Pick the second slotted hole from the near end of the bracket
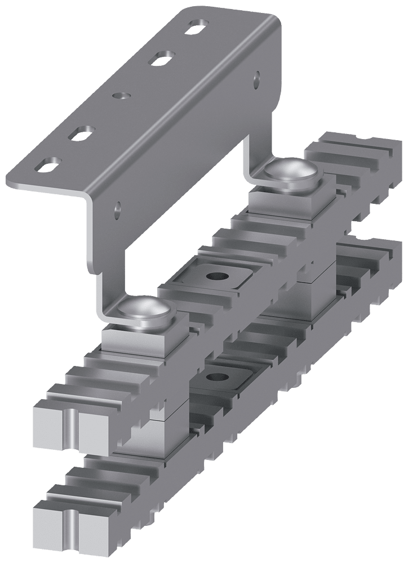point(82,133)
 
